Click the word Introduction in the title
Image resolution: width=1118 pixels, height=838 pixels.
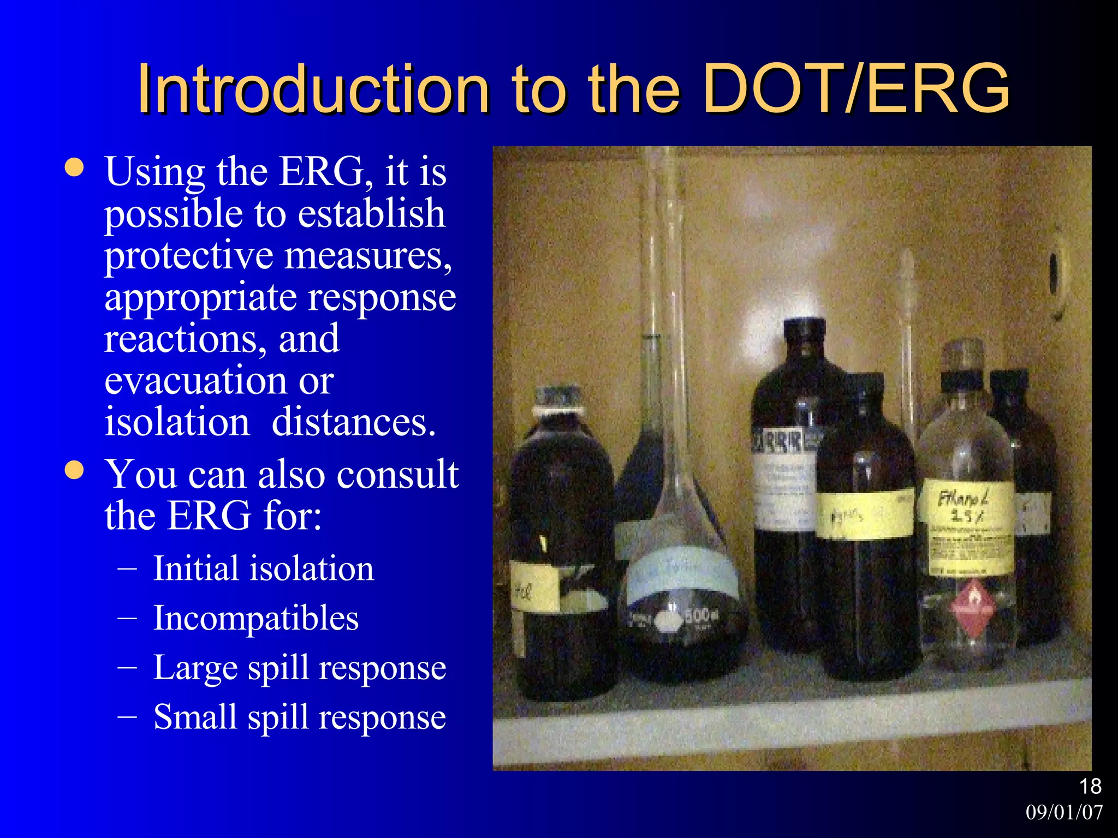pyautogui.click(x=313, y=88)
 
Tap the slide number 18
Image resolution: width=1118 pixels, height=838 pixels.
pyautogui.click(x=1090, y=786)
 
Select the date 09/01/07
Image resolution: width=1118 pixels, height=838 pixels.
pyautogui.click(x=1064, y=812)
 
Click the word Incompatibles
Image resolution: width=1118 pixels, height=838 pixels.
pyautogui.click(x=255, y=618)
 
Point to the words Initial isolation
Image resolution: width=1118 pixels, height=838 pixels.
pyautogui.click(x=263, y=568)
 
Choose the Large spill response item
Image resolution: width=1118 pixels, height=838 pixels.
pyautogui.click(x=299, y=667)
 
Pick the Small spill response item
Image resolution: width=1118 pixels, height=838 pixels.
pyautogui.click(x=299, y=717)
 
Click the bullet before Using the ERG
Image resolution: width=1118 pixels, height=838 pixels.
pyautogui.click(x=74, y=168)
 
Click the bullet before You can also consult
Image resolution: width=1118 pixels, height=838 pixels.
pyautogui.click(x=74, y=470)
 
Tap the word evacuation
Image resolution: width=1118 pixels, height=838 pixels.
pyautogui.click(x=195, y=380)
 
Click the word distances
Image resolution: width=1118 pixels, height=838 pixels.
pyautogui.click(x=354, y=422)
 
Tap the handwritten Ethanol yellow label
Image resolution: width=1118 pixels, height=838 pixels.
pyautogui.click(x=965, y=507)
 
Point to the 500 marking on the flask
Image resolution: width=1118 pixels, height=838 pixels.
pyautogui.click(x=698, y=615)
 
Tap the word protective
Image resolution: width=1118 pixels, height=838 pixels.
pyautogui.click(x=189, y=255)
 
